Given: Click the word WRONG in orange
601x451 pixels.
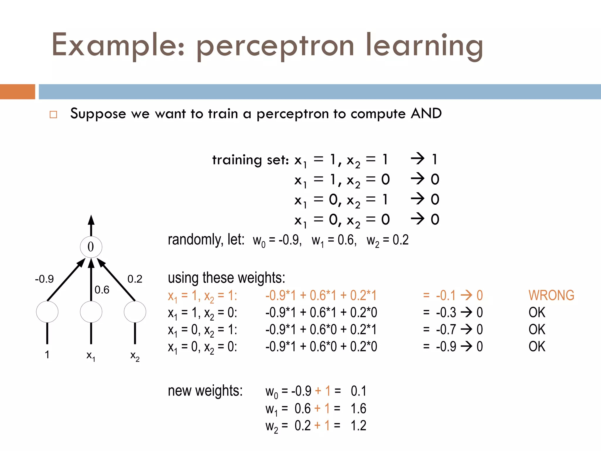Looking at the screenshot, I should pos(551,295).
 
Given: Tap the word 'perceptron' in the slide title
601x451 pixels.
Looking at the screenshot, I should pos(275,46).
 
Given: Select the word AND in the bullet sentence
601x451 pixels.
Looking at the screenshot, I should pos(426,113).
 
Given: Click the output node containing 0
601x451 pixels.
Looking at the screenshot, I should pos(91,247).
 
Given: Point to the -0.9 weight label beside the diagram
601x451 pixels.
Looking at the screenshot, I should pos(44,279).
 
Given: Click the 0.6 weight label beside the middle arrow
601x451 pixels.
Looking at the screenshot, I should pos(102,290).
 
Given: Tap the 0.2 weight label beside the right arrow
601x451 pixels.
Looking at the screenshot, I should pos(135,279).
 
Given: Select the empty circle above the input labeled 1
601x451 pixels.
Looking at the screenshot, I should pos(47,312).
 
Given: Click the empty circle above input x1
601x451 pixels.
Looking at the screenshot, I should pos(91,312).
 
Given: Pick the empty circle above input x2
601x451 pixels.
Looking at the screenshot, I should pos(135,312).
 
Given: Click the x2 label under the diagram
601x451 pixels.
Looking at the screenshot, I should pos(135,356).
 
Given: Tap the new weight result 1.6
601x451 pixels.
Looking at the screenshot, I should pos(358,408).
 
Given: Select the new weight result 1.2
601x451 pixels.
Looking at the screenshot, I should pos(358,425).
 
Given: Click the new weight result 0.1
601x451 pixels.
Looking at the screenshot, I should pos(358,391).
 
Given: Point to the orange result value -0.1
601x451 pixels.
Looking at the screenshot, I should pos(446,295).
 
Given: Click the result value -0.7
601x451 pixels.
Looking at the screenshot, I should pos(446,329).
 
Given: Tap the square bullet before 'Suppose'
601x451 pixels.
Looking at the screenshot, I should pos(53,115).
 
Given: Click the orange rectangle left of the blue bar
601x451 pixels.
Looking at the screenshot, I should pos(17,92).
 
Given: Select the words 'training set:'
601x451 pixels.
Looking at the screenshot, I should pos(250,160).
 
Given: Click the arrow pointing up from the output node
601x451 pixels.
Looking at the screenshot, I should pos(91,225).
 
